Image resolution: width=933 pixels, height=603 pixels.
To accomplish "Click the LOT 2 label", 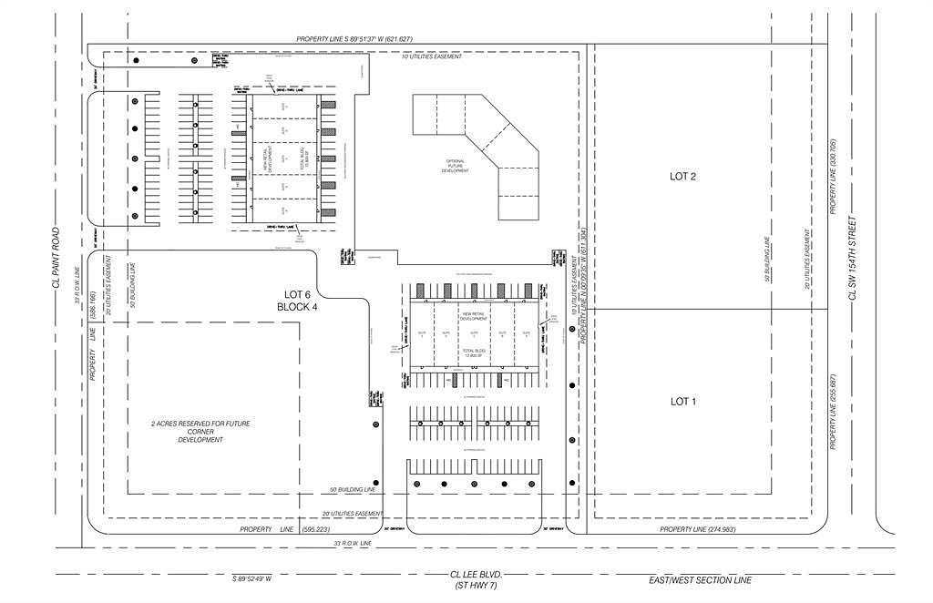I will coord(682,177).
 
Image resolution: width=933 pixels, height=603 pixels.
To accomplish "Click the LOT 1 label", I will coord(682,401).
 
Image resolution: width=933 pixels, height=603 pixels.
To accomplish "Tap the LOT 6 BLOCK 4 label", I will coord(297,301).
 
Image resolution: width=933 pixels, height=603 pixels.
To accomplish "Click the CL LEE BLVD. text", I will coord(476,575).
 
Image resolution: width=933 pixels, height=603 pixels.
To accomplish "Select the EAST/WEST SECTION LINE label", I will coord(713,579).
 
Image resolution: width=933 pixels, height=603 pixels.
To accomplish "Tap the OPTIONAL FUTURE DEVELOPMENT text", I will coord(456,166).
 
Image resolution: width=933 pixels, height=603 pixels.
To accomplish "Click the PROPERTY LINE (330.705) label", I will coord(833,178).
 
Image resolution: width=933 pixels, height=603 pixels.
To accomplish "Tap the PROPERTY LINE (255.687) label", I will coord(833,412).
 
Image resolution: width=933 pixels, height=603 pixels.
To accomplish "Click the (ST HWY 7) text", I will coord(476,586).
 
